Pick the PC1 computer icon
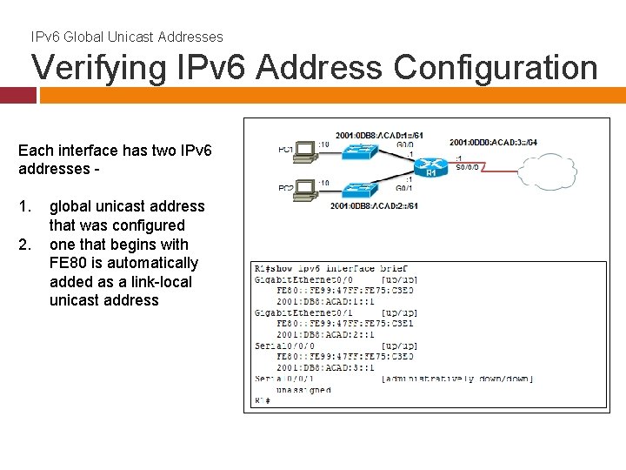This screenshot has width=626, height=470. click(304, 152)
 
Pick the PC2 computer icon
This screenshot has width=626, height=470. click(304, 189)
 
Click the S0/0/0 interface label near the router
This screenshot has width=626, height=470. click(469, 169)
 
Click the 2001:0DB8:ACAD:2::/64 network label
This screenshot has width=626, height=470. click(375, 206)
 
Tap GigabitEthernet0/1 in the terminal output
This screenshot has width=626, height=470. click(303, 312)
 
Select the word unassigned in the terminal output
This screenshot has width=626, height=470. click(303, 390)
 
